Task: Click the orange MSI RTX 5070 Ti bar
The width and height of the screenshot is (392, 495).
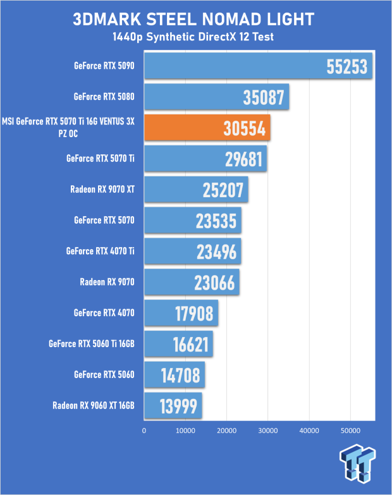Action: point(207,127)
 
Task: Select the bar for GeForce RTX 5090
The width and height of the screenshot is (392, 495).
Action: point(258,66)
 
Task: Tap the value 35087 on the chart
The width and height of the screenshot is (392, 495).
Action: point(264,97)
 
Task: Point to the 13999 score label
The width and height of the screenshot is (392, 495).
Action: point(178,406)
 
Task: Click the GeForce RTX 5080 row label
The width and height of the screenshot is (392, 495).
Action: point(104,97)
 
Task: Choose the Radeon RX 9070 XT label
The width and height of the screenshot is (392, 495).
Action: point(102,190)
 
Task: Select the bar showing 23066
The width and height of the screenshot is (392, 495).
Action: point(192,282)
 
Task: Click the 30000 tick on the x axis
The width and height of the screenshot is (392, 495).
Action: point(268,431)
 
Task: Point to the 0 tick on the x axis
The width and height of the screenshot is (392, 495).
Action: point(144,431)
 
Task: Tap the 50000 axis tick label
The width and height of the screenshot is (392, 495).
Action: point(350,431)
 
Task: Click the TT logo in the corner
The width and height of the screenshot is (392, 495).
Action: point(357,463)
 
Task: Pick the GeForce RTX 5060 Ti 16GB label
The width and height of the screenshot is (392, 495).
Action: point(92,344)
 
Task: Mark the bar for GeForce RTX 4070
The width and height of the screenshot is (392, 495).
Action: point(181,313)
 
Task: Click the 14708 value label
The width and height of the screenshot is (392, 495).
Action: point(181,376)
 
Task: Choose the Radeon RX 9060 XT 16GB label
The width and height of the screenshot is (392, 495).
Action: point(94,406)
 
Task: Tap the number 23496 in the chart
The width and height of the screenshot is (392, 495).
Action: point(216,252)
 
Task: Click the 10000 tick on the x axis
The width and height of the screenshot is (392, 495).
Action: point(185,431)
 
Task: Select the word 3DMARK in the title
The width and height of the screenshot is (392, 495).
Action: point(107,19)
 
